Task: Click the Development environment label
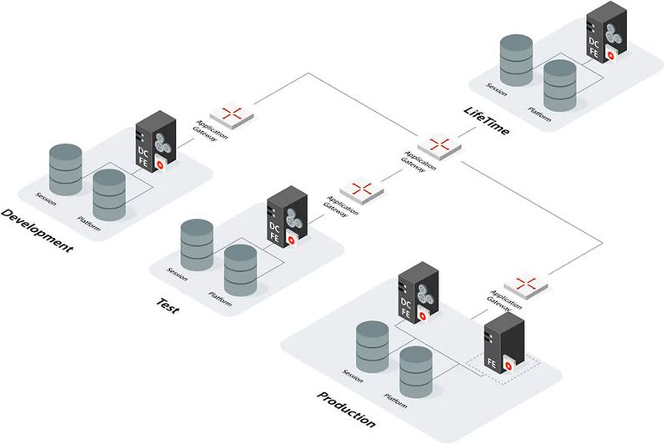38,230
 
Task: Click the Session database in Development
65,167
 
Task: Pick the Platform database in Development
109,193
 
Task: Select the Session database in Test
197,243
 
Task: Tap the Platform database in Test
241,269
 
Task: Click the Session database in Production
372,344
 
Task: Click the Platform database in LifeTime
560,84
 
